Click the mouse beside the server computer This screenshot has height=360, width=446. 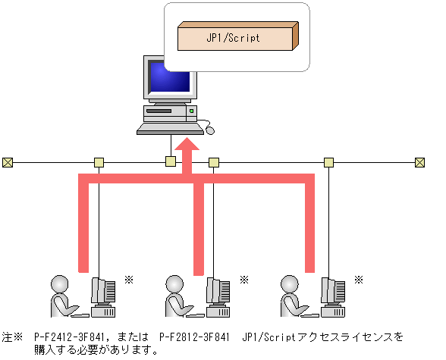pos(210,130)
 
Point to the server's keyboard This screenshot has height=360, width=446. pos(168,130)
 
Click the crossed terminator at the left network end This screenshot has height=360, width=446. pos(8,162)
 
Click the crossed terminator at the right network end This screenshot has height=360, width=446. pos(419,162)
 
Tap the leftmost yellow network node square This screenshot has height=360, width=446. pos(99,162)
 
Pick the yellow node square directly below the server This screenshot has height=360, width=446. pos(171,161)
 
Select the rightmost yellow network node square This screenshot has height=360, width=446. pos(328,162)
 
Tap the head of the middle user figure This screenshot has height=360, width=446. pos(174,283)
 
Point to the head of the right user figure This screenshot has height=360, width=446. pos(288,283)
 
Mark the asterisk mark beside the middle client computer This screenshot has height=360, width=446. pos(244,280)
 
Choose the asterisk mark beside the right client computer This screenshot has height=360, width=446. pos(359,280)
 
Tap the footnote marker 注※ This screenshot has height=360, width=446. pos(13,336)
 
